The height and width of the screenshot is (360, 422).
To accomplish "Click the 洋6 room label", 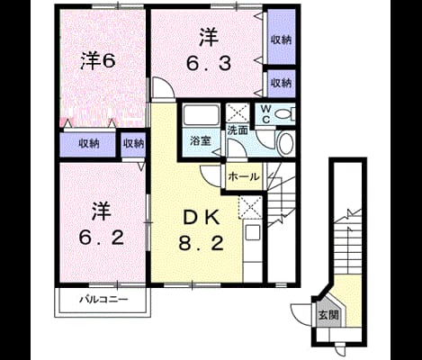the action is coord(98,61).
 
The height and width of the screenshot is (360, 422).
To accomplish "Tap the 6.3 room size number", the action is coord(209,64).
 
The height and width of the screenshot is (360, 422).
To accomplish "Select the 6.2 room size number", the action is coord(102,238).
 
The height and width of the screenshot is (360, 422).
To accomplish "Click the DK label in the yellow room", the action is coord(202,218).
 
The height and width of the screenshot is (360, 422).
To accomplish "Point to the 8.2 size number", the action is coord(202,243).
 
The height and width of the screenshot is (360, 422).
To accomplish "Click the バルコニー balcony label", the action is coord(103,299).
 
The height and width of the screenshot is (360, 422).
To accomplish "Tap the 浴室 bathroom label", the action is coord(201,140).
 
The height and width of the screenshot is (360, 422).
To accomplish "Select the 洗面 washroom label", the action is coord(238,130).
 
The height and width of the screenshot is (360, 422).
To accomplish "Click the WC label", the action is coord(265,113).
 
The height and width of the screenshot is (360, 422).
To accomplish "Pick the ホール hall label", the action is coord(244,176).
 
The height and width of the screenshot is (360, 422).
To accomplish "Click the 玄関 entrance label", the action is coord(328,315).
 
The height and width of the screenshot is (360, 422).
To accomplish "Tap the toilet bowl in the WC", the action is coord(283,114).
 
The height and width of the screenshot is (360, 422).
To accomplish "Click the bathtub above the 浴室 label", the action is coord(201,114).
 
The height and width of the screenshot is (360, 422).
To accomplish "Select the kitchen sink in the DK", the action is coord(253,233).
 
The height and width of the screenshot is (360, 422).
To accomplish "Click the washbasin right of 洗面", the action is coord(285,143).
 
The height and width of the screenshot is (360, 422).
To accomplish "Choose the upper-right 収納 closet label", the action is coord(282,40).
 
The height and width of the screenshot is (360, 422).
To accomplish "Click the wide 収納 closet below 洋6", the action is coord(88,144).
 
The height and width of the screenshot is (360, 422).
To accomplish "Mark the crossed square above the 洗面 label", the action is coord(238,112).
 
